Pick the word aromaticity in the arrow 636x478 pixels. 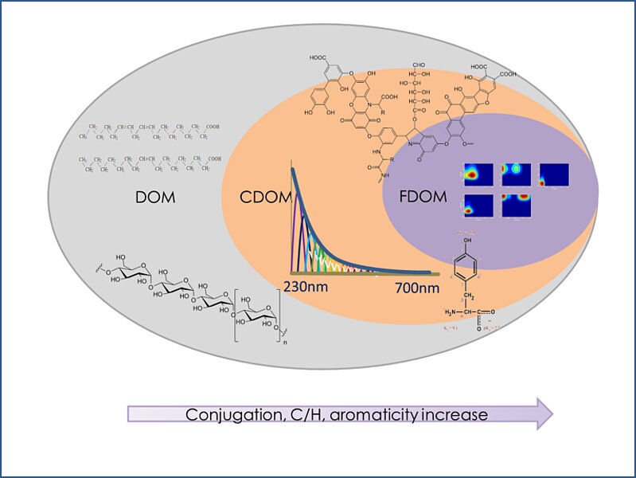tap(377, 414)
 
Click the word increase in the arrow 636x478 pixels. tap(457, 414)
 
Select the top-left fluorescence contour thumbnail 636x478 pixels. tap(478, 174)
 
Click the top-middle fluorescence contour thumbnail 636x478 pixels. tap(516, 174)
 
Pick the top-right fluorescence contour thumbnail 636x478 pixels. tap(554, 174)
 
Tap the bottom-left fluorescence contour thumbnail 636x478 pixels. tap(478, 205)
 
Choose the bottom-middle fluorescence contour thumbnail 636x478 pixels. tap(516, 205)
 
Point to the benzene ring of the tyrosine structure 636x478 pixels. tap(466, 265)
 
